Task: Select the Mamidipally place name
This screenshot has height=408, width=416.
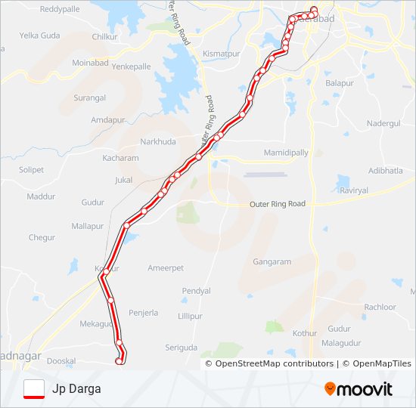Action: (286, 153)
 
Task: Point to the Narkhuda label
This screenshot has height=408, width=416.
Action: (157, 141)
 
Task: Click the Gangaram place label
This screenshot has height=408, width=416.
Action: (272, 262)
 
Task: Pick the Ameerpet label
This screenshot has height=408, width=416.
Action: (166, 268)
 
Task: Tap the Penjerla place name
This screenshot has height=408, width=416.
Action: (144, 312)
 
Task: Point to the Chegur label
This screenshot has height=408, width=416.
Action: (42, 238)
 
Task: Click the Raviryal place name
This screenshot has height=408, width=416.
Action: (353, 191)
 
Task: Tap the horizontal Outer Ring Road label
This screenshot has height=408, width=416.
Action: (278, 204)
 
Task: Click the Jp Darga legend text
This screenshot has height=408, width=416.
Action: (76, 389)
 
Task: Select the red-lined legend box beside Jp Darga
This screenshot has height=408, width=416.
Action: (34, 389)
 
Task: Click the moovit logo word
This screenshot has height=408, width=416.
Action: (365, 389)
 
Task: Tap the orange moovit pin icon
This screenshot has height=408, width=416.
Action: (330, 389)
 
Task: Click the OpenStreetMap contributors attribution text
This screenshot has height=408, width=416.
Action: (275, 363)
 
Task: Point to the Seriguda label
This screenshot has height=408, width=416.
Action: (181, 348)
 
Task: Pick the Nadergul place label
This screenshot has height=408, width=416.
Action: (383, 122)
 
